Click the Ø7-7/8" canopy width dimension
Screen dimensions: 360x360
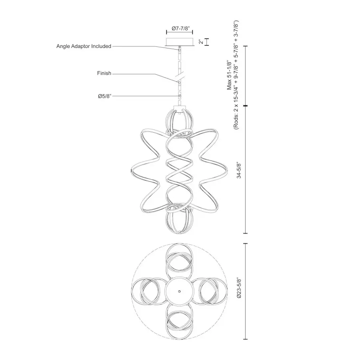click(x=180, y=28)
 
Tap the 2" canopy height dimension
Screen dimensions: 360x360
click(x=201, y=42)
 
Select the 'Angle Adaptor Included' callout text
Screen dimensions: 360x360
click(x=84, y=46)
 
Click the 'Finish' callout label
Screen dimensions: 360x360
click(x=104, y=74)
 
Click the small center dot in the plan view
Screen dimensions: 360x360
click(x=180, y=291)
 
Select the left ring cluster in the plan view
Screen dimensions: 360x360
click(x=148, y=291)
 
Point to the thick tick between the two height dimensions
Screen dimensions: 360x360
click(x=245, y=106)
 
